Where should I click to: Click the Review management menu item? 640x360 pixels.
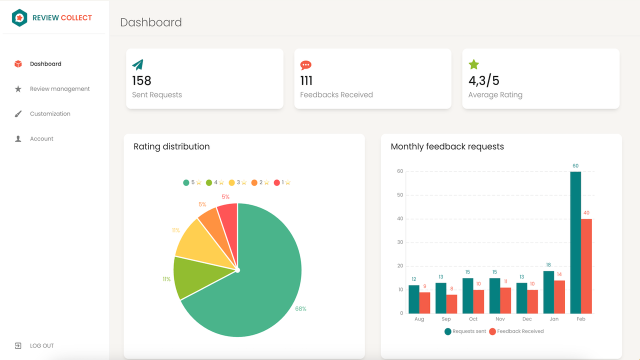59,89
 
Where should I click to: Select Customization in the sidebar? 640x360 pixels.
50,114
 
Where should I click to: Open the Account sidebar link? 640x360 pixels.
41,139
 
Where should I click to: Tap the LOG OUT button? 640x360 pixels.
41,346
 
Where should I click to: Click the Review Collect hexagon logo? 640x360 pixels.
19,18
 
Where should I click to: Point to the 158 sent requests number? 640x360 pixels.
141,80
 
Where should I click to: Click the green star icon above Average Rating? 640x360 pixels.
473,64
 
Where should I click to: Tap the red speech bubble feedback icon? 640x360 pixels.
305,65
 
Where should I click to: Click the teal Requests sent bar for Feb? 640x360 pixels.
575,242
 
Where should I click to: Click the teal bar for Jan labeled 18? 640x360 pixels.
548,292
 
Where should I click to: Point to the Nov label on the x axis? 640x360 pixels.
500,319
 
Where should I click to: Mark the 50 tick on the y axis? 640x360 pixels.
399,195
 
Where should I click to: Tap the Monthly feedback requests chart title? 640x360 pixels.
447,146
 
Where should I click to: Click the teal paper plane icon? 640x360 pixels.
137,64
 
